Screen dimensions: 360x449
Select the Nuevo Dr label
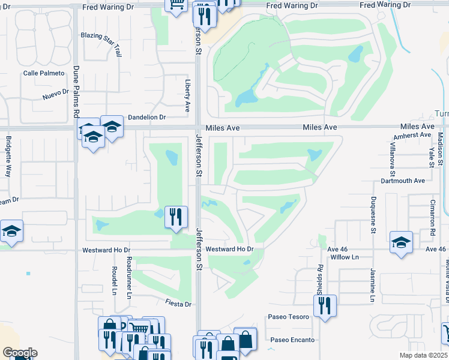[x=56, y=96]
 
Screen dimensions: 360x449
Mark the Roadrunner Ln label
[x=129, y=277]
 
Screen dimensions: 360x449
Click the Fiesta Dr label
[x=179, y=304]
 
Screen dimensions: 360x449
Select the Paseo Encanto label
[x=292, y=340]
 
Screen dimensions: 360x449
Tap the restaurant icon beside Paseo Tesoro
[x=325, y=305]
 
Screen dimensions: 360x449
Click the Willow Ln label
[x=344, y=257]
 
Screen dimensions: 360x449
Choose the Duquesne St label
[x=373, y=214]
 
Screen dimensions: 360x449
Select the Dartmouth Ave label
[x=403, y=181]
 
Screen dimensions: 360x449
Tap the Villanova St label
[x=391, y=154]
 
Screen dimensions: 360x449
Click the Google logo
[x=20, y=353]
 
